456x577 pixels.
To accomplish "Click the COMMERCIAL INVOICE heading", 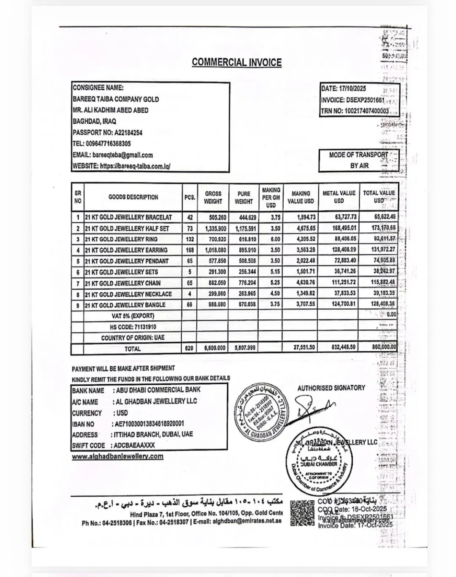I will coord(236,62).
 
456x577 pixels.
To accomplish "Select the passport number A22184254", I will coord(128,133).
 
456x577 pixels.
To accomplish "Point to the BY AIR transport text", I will coord(359,166).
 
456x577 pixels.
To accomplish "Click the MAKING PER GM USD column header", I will coord(271,198).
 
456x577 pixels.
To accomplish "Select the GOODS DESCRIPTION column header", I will coord(133,197).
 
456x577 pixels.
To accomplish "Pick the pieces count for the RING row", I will coord(190,239).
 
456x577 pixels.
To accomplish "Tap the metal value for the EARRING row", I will coord(339,250).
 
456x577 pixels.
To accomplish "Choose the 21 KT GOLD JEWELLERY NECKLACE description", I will coord(128,294).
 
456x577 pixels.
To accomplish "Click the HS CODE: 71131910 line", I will coord(133,327).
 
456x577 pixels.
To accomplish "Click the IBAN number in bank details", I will coord(149,424).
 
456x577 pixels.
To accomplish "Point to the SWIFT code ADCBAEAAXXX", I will coord(134,445).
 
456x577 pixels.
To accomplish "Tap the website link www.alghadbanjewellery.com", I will coord(117,456).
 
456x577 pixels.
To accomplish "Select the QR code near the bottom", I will coord(303,513).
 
